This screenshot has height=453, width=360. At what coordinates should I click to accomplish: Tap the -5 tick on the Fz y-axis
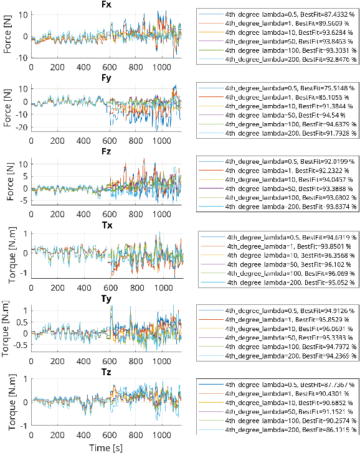coord(24,200)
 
